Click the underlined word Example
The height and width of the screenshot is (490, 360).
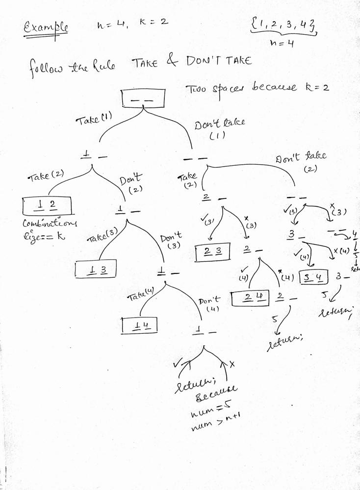point(46,27)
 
